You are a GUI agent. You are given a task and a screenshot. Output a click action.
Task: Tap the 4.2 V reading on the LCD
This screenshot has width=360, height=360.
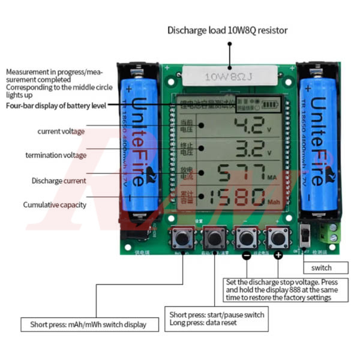(247, 126)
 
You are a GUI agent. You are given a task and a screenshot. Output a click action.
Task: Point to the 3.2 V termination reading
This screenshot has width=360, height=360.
(247, 148)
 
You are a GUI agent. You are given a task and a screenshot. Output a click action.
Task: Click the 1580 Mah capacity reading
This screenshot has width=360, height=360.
(234, 197)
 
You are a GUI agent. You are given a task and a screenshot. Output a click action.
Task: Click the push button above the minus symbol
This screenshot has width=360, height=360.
(245, 238)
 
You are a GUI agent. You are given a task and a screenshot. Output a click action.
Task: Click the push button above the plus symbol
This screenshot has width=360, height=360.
(277, 238)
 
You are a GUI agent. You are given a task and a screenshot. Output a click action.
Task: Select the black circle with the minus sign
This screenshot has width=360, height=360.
(246, 256)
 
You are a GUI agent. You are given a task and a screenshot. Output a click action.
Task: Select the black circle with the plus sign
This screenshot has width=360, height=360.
(278, 256)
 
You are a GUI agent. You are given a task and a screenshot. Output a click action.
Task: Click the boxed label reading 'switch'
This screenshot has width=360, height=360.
(326, 268)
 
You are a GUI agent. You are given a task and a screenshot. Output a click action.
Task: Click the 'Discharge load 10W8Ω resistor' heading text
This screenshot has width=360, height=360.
(227, 30)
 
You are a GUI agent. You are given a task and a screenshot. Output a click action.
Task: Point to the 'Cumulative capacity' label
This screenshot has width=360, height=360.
(55, 205)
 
